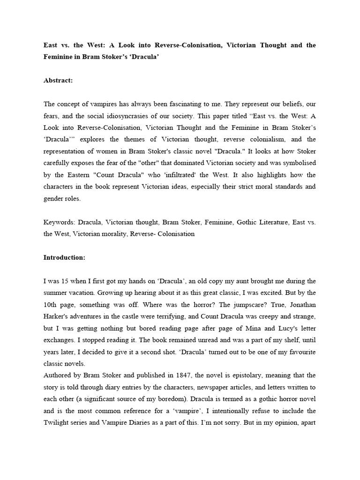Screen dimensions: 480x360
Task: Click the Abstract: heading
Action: [58, 80]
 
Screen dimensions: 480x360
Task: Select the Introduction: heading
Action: [64, 257]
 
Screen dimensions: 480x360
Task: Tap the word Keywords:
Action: [60, 222]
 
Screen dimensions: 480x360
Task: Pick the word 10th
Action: [52, 304]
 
